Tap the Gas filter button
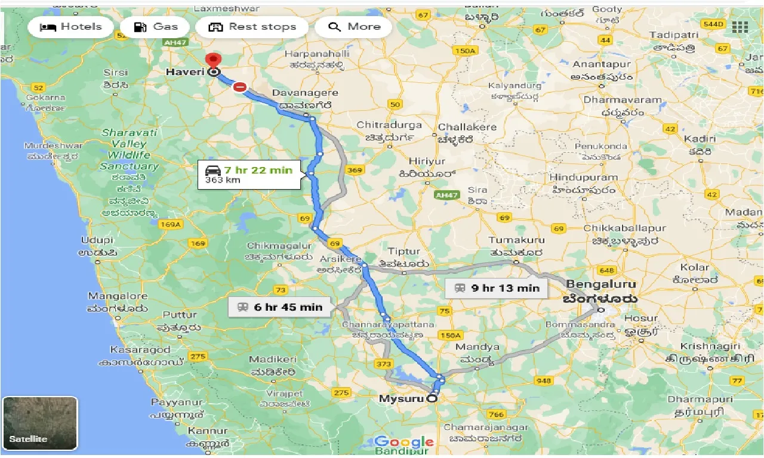click(155, 27)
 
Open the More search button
click(353, 27)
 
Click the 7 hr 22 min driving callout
click(249, 175)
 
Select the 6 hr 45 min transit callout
click(279, 307)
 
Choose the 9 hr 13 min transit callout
click(497, 288)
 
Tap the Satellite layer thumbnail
click(40, 423)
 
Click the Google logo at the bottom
click(404, 442)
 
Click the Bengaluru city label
click(601, 284)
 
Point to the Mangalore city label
click(118, 296)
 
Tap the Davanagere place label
click(305, 93)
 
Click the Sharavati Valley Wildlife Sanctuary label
click(129, 149)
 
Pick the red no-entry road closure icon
click(239, 87)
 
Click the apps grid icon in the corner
click(740, 27)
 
